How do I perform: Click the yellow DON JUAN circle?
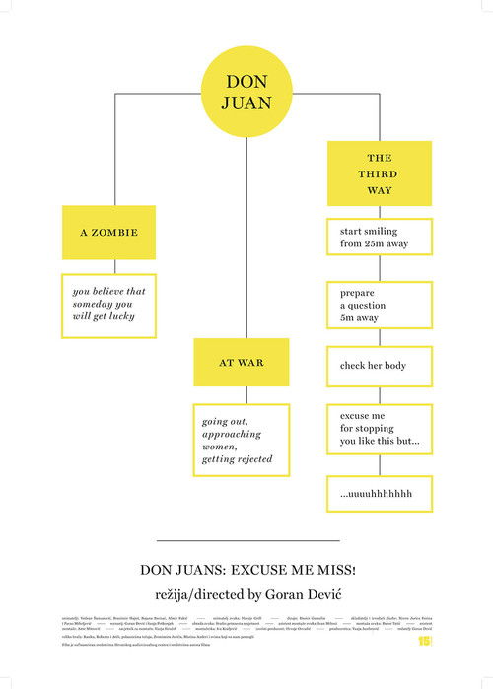tap(246, 92)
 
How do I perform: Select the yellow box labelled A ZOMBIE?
tap(108, 233)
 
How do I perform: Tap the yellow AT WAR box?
tap(241, 363)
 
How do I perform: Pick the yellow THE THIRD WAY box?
tap(380, 173)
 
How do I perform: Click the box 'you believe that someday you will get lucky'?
tap(108, 305)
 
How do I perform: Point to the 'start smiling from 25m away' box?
tap(380, 237)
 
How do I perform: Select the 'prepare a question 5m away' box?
tap(380, 305)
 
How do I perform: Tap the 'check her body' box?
tap(380, 366)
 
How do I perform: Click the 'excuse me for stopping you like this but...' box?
tap(380, 430)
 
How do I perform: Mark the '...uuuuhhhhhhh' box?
tap(380, 493)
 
